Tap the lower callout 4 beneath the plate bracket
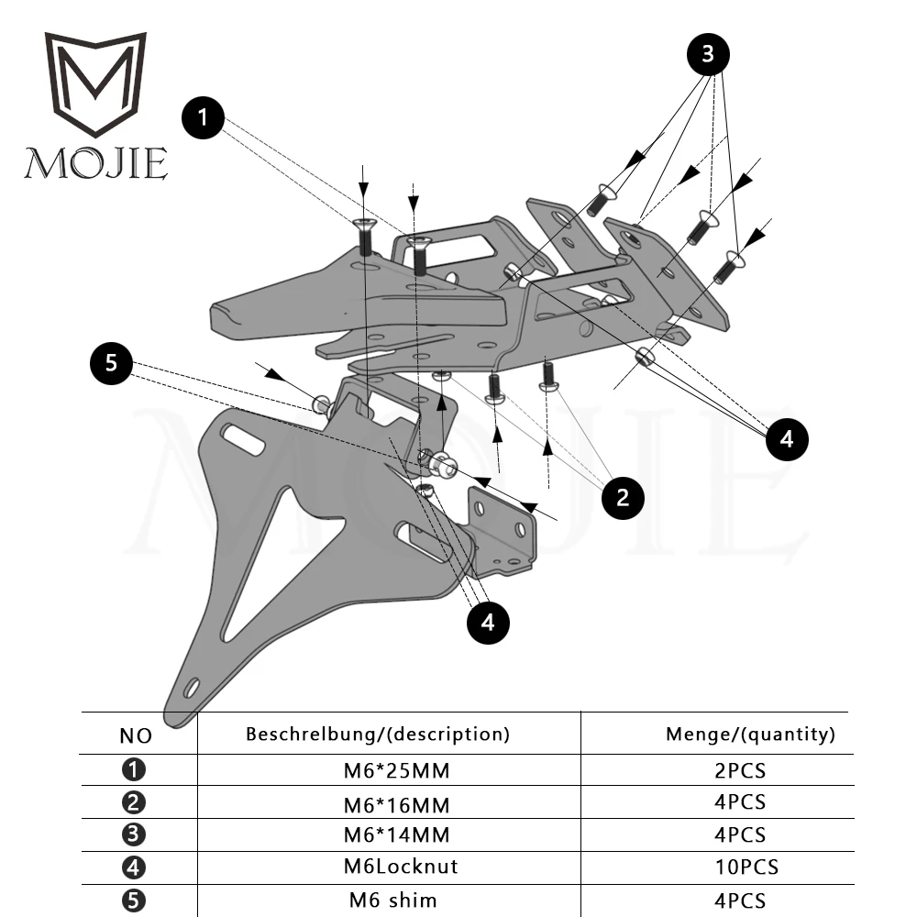click(x=488, y=623)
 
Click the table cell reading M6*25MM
click(x=390, y=770)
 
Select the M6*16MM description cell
click(x=390, y=804)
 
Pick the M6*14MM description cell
click(x=390, y=835)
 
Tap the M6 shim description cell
click(x=390, y=900)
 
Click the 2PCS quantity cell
click(x=739, y=770)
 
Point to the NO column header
click(x=137, y=735)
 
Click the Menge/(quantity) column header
click(x=750, y=734)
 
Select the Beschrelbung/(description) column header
click(x=377, y=734)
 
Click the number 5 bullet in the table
click(x=134, y=900)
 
